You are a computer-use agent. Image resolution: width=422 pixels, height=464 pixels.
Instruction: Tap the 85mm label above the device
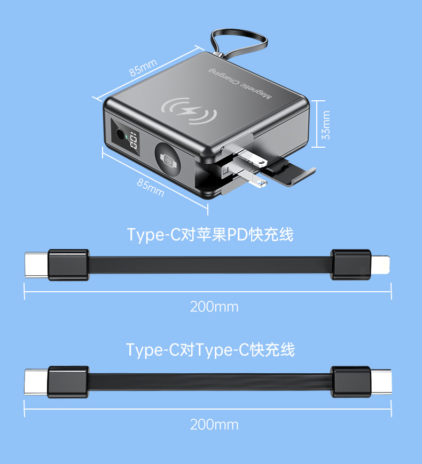click(143, 68)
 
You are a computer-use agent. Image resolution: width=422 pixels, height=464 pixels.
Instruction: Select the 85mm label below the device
click(151, 187)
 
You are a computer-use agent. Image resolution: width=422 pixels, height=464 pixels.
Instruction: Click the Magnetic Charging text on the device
click(240, 83)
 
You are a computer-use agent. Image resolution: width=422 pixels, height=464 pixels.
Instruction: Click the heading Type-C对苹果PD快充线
click(210, 234)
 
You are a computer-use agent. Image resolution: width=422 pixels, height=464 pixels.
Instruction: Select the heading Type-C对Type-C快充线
click(210, 350)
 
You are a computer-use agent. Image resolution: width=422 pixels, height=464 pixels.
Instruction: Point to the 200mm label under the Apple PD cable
click(214, 307)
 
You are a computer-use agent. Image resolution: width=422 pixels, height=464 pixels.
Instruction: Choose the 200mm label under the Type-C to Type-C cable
click(214, 425)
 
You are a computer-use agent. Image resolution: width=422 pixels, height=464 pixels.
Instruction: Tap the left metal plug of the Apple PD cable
click(36, 265)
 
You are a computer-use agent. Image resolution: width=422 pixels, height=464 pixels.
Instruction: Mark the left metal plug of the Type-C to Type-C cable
click(36, 382)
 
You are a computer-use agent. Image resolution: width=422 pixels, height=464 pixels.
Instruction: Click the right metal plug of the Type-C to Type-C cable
click(381, 382)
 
